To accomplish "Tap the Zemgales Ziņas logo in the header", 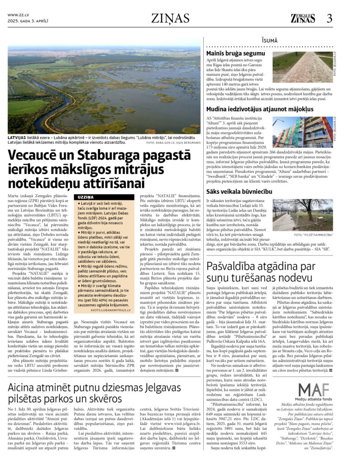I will (x=303, y=19).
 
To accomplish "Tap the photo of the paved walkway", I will (x=302, y=67).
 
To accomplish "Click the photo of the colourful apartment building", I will (x=302, y=132).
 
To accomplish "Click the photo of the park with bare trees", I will (x=302, y=216).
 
